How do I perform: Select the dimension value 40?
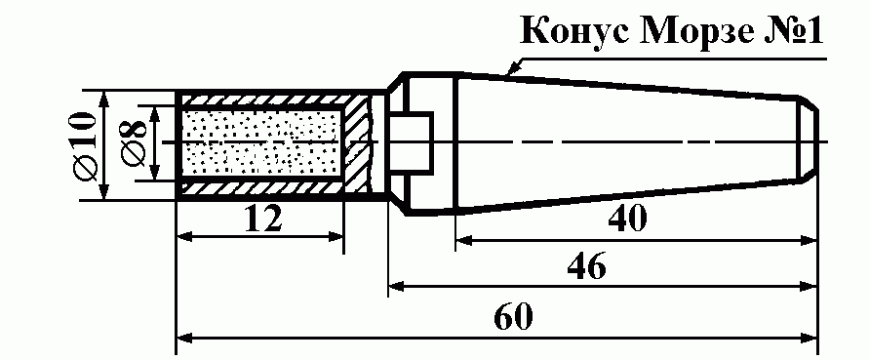point(627,220)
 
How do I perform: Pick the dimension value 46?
point(586,267)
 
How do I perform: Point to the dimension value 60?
point(513,317)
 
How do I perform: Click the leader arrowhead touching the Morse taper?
point(513,68)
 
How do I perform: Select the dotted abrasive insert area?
point(261,143)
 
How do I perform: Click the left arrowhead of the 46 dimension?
point(397,286)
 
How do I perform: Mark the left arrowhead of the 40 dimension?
point(464,240)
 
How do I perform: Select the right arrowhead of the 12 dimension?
point(336,237)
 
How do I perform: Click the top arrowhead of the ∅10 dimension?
point(103,100)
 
